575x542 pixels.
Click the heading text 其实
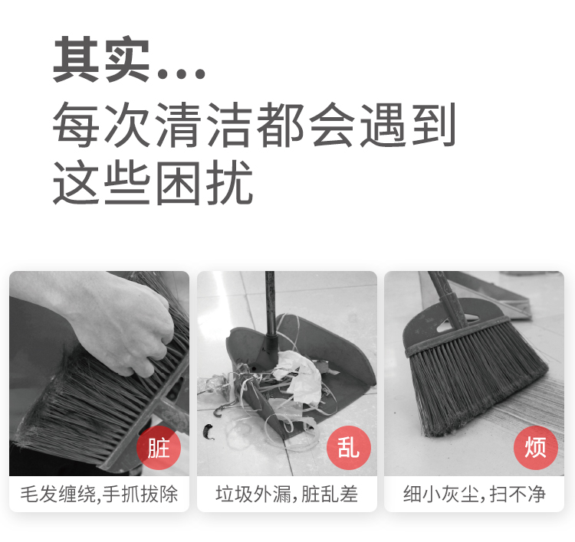click(101, 59)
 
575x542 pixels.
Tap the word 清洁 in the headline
click(204, 125)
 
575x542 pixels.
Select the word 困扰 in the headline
click(204, 182)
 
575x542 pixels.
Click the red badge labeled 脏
click(159, 448)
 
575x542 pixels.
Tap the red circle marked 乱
click(349, 448)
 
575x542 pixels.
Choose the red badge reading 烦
click(536, 448)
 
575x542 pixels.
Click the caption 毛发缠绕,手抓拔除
click(99, 494)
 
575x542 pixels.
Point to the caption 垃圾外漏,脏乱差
click(287, 494)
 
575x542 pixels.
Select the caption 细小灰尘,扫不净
click(474, 494)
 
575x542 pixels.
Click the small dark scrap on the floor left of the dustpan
click(209, 432)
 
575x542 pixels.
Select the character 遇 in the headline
click(383, 125)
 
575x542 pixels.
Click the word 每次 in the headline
click(101, 125)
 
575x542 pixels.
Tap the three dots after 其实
click(181, 73)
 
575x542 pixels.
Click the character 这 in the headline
click(76, 182)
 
